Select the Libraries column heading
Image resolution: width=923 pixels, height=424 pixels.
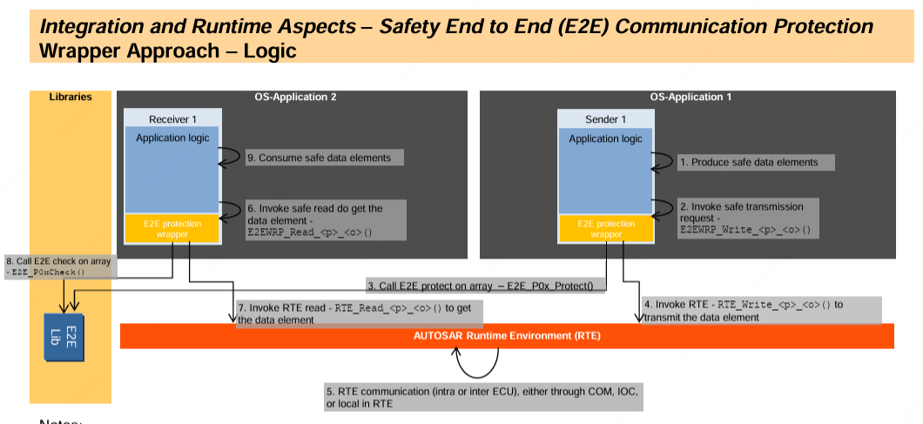point(71,97)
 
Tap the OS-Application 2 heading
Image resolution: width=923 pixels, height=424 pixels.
point(295,97)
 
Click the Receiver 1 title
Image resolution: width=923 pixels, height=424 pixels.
point(172,118)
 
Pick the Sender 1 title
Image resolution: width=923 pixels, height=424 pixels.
point(606,118)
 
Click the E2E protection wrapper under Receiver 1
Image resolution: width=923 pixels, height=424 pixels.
point(172,229)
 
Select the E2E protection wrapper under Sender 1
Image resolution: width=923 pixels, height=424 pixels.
point(606,229)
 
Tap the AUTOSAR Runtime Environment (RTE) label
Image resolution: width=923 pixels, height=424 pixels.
point(507,335)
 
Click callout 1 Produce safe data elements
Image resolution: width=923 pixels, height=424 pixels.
point(754,162)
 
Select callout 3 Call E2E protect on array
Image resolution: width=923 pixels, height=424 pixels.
point(485,285)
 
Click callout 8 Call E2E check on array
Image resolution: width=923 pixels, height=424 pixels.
point(58,266)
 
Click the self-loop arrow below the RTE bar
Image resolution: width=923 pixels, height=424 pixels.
point(475,362)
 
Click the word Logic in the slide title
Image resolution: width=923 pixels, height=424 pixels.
point(266,50)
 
